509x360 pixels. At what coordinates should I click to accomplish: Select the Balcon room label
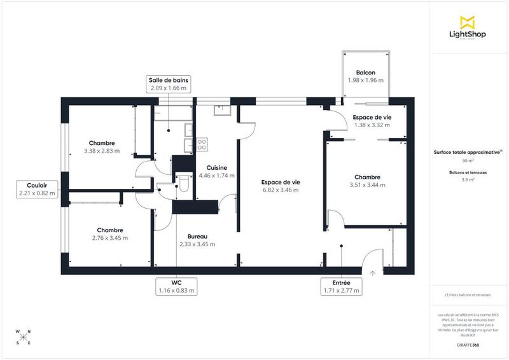point(365,73)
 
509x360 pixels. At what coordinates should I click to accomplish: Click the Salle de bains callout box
point(169,84)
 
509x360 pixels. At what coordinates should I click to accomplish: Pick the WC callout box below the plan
point(176,286)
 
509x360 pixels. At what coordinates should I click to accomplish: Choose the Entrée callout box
point(342,286)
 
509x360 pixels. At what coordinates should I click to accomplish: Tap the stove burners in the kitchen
point(202,145)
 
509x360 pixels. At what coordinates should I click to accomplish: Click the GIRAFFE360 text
point(468,345)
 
